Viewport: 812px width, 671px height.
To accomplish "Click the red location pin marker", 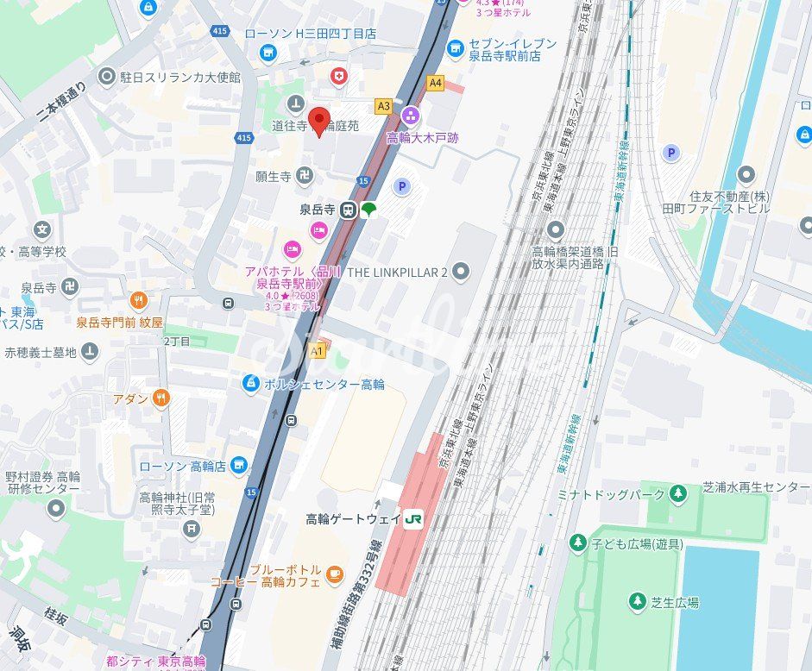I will [319, 122].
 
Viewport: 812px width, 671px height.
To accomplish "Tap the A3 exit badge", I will [384, 106].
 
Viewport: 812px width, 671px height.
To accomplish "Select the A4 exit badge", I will [435, 84].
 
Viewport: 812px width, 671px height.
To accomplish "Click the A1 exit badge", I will [317, 351].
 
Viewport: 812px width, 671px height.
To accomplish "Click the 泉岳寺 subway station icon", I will [348, 210].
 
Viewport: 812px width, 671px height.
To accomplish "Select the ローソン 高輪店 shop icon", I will [238, 467].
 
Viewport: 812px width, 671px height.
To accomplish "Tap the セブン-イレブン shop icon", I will [455, 47].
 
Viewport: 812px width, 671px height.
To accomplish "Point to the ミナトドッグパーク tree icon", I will [678, 493].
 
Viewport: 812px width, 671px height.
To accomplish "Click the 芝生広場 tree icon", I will [638, 601].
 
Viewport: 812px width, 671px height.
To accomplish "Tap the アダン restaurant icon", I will [160, 398].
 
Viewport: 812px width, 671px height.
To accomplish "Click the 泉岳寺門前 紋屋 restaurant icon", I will [137, 300].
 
